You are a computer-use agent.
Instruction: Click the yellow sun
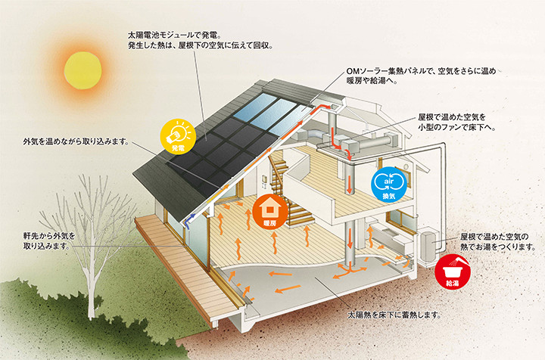(83, 70)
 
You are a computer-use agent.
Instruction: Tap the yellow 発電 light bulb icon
(178, 136)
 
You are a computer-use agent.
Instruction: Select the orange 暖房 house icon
(270, 211)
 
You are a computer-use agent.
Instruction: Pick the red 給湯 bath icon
(452, 272)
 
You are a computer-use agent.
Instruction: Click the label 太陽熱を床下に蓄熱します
(394, 315)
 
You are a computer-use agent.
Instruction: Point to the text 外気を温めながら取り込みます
(76, 141)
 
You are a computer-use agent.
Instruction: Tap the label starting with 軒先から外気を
(49, 241)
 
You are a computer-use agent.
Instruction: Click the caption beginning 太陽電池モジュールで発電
(201, 40)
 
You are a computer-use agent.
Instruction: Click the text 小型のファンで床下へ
(456, 127)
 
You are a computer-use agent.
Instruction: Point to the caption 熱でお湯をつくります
(498, 247)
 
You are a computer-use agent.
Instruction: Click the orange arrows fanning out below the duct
(351, 269)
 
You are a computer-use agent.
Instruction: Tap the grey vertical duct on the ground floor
(350, 241)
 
